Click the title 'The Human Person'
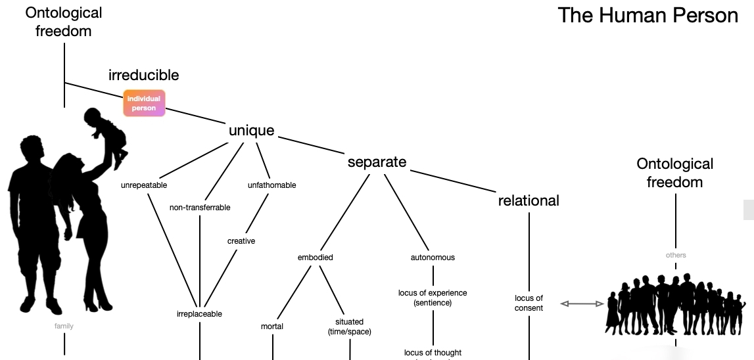[648, 15]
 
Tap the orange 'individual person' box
[144, 103]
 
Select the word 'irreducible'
[143, 75]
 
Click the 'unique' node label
[251, 130]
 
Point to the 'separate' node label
[377, 162]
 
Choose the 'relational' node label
[529, 200]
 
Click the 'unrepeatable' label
[144, 185]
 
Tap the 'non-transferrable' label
[200, 208]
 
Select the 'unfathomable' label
[271, 185]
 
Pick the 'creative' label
[241, 241]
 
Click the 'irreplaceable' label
[199, 314]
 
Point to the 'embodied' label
[316, 258]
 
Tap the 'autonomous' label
[433, 258]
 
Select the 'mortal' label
[272, 326]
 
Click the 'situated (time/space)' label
[350, 326]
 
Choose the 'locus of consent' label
[529, 303]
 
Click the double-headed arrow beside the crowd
[582, 304]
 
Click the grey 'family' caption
[64, 326]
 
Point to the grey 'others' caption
[675, 255]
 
